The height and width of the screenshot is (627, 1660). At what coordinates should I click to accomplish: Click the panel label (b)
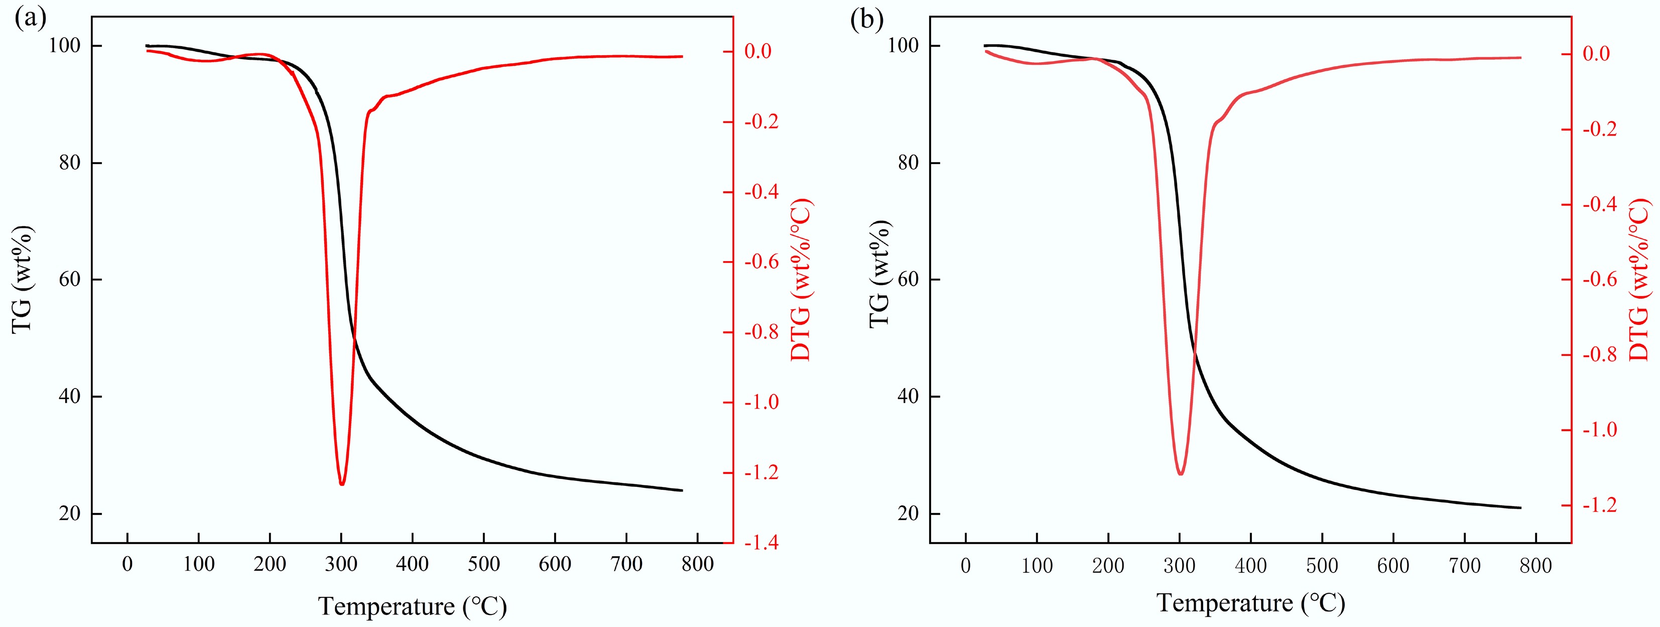pyautogui.click(x=867, y=20)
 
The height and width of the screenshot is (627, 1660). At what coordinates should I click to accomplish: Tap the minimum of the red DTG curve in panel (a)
pyautogui.click(x=341, y=484)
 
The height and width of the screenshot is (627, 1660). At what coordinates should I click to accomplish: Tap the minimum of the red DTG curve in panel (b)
pyautogui.click(x=1180, y=473)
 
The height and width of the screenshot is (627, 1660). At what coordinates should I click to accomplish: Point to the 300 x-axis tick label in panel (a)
pyautogui.click(x=341, y=564)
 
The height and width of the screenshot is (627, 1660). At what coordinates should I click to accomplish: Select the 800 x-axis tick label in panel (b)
pyautogui.click(x=1536, y=566)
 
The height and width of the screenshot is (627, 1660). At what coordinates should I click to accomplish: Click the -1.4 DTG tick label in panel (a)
pyautogui.click(x=761, y=543)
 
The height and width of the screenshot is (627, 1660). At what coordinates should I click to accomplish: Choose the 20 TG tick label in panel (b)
pyautogui.click(x=908, y=514)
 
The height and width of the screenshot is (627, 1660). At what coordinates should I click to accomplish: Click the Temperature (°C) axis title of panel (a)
pyautogui.click(x=413, y=606)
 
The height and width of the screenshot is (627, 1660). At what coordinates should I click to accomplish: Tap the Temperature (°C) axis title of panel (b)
pyautogui.click(x=1251, y=603)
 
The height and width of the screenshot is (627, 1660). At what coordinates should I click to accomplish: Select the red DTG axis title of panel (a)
pyautogui.click(x=801, y=280)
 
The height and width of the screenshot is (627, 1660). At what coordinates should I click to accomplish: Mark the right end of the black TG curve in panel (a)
pyautogui.click(x=681, y=490)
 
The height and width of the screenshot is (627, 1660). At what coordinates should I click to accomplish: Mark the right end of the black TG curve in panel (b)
pyautogui.click(x=1520, y=508)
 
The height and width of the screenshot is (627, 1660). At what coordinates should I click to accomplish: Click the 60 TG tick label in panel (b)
pyautogui.click(x=908, y=280)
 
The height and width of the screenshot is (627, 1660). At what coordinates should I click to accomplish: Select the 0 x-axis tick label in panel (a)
pyautogui.click(x=127, y=564)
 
